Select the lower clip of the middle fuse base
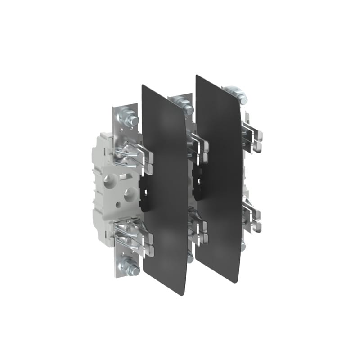(x=198, y=225)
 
